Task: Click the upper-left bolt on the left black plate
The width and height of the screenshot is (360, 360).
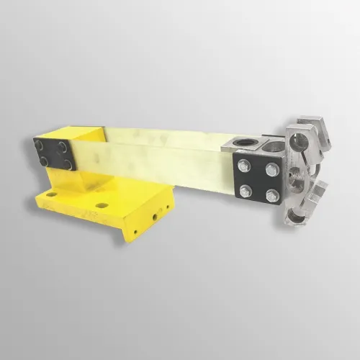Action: tap(40, 146)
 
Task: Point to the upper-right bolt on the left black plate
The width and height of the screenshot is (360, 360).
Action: tap(64, 148)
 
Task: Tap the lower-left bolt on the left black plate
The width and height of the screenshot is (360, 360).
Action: tap(44, 162)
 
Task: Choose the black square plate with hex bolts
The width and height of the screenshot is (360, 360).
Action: tap(258, 181)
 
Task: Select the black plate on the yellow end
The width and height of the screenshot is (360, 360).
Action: tap(54, 155)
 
